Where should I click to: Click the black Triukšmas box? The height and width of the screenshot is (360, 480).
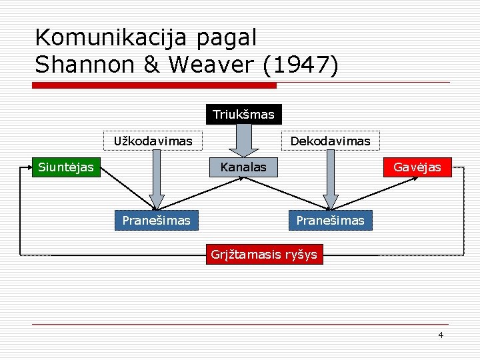[243, 115]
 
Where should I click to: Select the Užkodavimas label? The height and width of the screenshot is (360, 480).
[153, 141]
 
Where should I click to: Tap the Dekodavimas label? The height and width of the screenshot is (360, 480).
[330, 141]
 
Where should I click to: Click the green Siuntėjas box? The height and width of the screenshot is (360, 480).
[66, 167]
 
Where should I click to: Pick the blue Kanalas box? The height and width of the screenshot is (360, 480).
[243, 167]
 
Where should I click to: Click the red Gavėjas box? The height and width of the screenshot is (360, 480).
[417, 167]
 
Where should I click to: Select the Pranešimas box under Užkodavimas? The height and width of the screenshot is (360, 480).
[156, 220]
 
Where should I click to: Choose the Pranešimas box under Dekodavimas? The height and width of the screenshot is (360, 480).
[330, 220]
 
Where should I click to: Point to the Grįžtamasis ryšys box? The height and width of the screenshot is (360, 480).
[264, 254]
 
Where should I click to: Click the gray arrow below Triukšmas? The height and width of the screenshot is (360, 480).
[244, 140]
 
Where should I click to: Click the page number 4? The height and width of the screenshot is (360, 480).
[441, 335]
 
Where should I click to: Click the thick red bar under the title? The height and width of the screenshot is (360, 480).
[155, 85]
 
